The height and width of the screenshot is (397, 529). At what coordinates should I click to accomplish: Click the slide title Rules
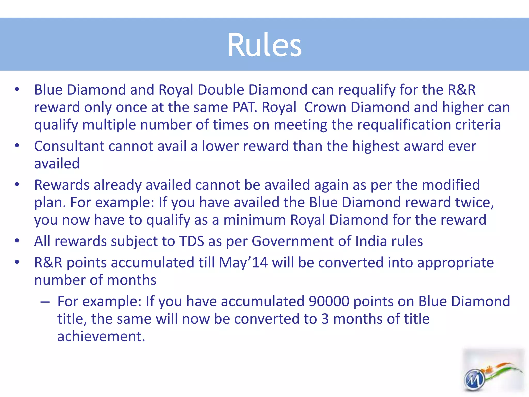coord(264,45)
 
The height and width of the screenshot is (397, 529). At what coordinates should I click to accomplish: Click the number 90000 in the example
coord(329,301)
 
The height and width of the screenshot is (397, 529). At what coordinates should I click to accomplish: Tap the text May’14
coord(243,263)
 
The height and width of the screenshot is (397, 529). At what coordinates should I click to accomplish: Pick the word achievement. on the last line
coord(101,336)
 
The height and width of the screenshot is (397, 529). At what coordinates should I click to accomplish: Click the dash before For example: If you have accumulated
coord(45,302)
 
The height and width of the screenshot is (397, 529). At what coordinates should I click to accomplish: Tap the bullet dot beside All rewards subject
coord(17,241)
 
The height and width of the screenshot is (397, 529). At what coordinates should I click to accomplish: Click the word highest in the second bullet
coord(376,146)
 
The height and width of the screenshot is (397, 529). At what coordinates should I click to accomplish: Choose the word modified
coord(451,185)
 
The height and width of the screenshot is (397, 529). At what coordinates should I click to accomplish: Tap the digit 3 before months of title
coord(325,319)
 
